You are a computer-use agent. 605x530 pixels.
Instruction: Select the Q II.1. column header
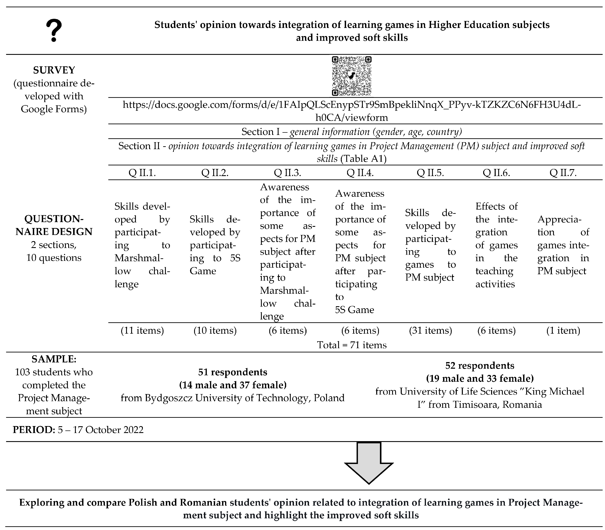tap(142, 172)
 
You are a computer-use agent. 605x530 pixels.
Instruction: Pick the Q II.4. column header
tap(360, 172)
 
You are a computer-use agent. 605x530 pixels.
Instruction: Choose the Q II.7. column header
tap(563, 172)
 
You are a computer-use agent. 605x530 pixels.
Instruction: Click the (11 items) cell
tap(142, 330)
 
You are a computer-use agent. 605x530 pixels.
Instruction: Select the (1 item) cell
tap(563, 330)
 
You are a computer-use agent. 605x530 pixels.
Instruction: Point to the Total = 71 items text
tap(352, 345)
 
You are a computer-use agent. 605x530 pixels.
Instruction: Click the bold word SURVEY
tap(54, 70)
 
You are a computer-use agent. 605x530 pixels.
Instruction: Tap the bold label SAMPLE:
tap(54, 359)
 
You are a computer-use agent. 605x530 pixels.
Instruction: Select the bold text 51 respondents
tap(233, 372)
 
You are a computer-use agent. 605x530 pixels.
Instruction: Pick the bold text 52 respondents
tap(480, 366)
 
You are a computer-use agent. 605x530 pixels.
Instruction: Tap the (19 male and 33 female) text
tap(480, 378)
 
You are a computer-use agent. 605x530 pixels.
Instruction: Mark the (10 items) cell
tap(215, 330)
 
